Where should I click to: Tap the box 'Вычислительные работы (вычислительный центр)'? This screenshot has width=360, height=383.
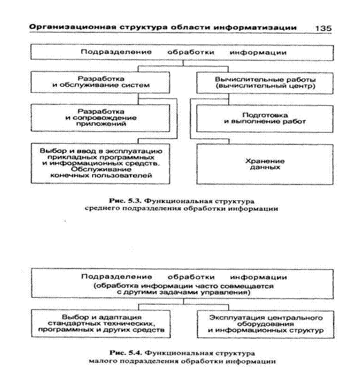coord(265,82)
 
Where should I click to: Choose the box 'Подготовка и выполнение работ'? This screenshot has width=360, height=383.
coord(265,117)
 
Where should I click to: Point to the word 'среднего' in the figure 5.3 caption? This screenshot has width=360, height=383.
coord(99,209)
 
